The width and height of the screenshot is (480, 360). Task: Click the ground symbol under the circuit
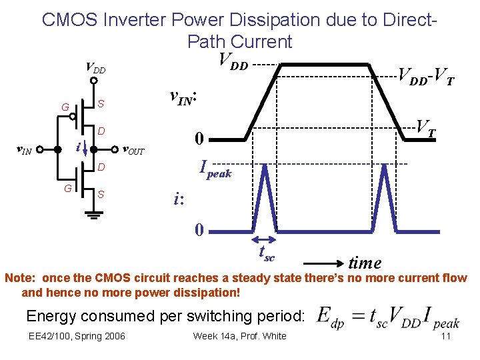[93, 215]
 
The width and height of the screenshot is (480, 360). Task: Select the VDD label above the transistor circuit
[95, 68]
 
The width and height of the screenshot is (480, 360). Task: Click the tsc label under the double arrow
[267, 254]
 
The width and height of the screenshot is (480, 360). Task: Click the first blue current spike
[265, 197]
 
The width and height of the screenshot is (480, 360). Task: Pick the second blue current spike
[385, 197]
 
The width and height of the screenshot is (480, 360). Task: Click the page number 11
[446, 335]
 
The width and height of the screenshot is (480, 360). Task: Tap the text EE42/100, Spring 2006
[76, 335]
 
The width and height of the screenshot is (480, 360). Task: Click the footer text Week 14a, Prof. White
[239, 335]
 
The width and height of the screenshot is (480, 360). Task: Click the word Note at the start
[20, 278]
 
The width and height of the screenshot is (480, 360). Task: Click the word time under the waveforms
[365, 263]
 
